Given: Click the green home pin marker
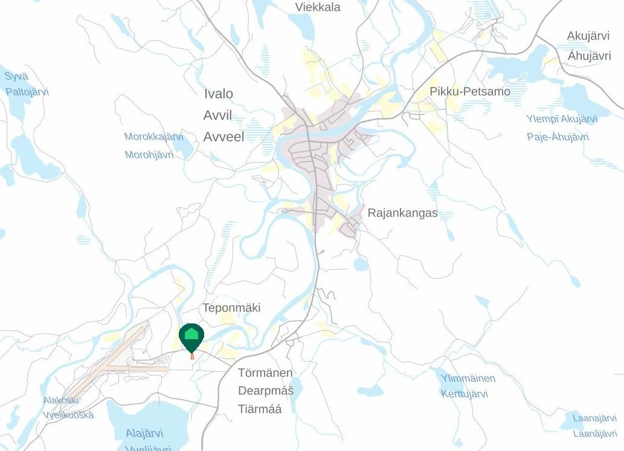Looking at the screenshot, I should coord(191,336).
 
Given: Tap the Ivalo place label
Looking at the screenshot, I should coord(218,94).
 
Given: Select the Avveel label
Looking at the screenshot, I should coord(224,137).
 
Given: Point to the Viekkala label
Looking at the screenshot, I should coord(318,7).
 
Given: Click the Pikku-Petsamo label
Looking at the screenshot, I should coord(470,91).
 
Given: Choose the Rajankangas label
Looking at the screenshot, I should coord(402,213).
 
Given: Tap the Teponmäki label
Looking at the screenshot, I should coord(231,308).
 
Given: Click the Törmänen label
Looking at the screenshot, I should coord(265,372).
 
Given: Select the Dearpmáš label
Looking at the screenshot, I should coord(266,391).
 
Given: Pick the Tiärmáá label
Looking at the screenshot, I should coord(260,409).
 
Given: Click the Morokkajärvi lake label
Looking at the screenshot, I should coord(153,137).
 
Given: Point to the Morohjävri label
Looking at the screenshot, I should coord(149,155).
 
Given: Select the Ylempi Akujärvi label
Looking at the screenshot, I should coord(561,119).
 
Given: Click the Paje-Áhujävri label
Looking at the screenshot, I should coord(558,137).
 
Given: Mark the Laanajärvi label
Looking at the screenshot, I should coord(594,418).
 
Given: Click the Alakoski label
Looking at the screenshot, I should coord(61,400).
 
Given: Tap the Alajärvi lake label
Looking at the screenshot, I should coord(144,433).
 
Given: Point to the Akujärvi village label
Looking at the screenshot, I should coord(588,36).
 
